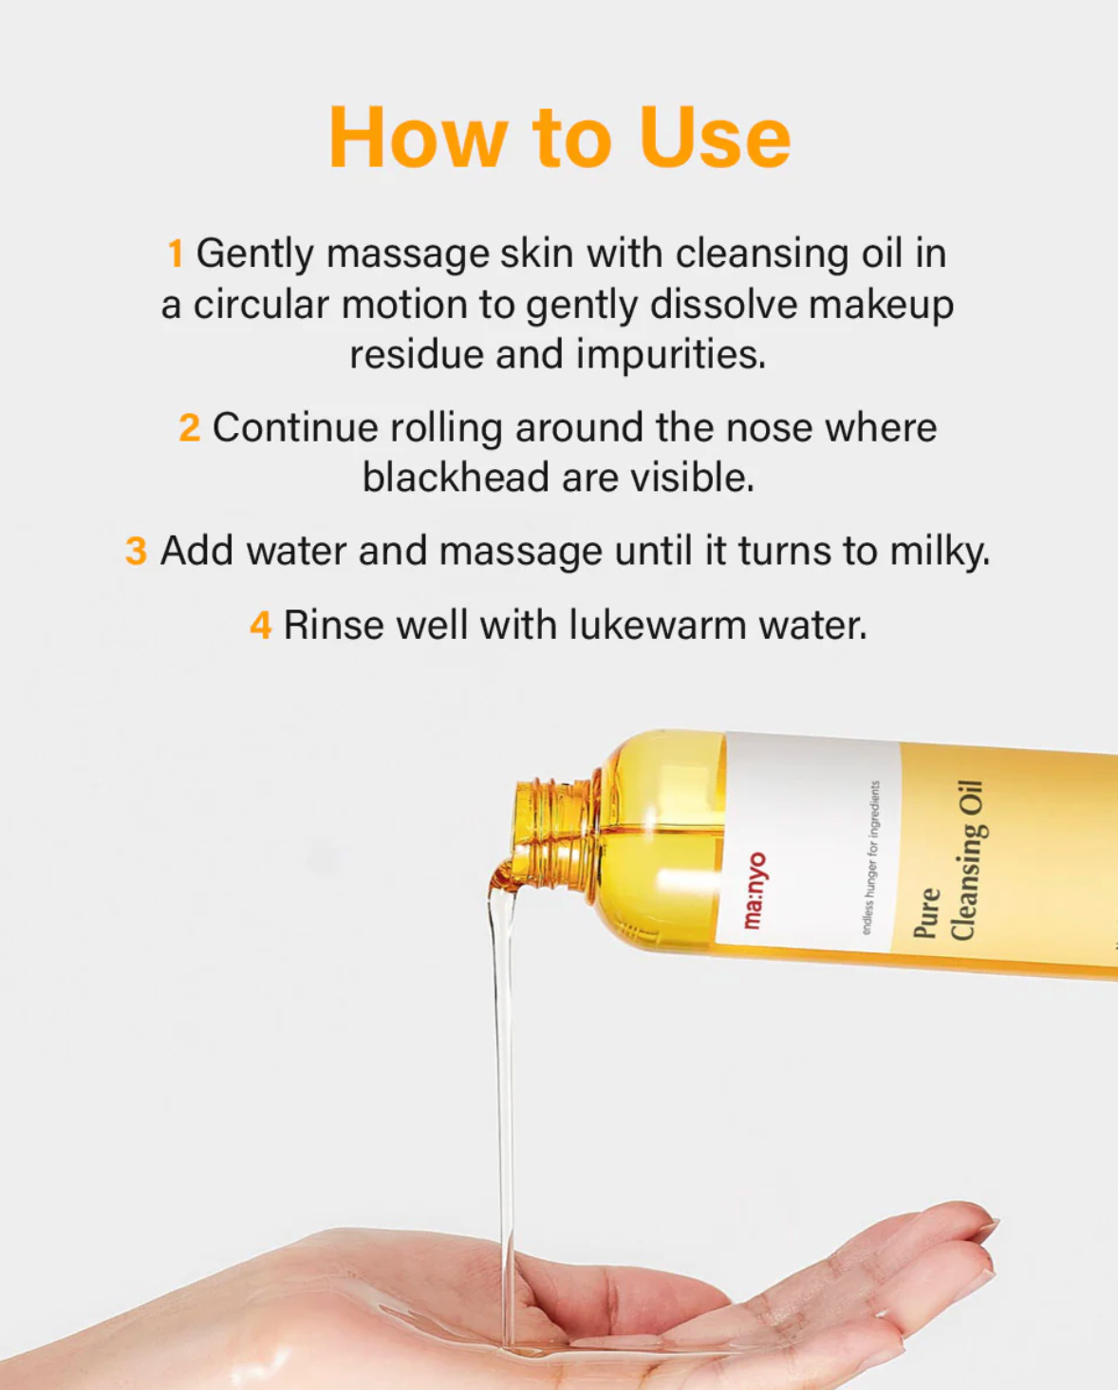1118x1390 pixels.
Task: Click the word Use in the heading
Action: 714,139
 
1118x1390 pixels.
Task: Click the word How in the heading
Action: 418,139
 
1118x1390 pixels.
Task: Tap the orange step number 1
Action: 176,254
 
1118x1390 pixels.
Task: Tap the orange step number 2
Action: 189,428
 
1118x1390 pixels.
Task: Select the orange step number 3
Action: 136,552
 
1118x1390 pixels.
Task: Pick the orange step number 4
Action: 260,626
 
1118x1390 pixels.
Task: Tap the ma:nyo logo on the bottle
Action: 754,890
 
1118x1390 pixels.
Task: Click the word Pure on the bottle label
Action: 926,912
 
